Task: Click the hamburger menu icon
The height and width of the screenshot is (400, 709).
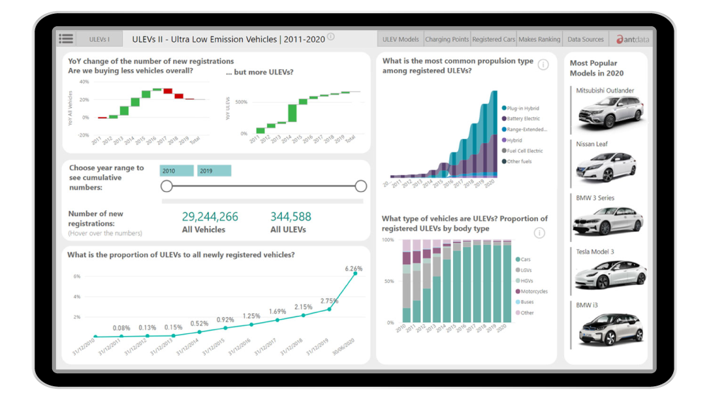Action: (66, 39)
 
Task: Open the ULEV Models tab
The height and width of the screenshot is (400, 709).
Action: (400, 39)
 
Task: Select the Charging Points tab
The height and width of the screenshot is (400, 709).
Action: (447, 39)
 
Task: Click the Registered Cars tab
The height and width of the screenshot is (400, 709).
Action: (494, 39)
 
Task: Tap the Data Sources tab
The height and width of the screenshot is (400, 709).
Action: (586, 39)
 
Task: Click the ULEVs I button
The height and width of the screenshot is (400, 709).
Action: (99, 39)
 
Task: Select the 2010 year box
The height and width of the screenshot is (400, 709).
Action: (176, 171)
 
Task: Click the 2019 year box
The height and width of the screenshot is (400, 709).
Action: (214, 171)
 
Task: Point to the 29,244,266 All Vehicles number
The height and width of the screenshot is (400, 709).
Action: (210, 217)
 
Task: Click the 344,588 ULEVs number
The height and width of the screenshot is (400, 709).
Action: (291, 217)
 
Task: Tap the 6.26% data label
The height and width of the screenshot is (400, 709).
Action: (353, 268)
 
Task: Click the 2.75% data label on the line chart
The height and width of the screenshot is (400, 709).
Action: (329, 301)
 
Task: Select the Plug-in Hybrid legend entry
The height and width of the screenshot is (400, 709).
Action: (522, 108)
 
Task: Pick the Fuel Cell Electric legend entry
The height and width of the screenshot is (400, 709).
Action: (524, 151)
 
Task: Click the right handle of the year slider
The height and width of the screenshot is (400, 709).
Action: (361, 186)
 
